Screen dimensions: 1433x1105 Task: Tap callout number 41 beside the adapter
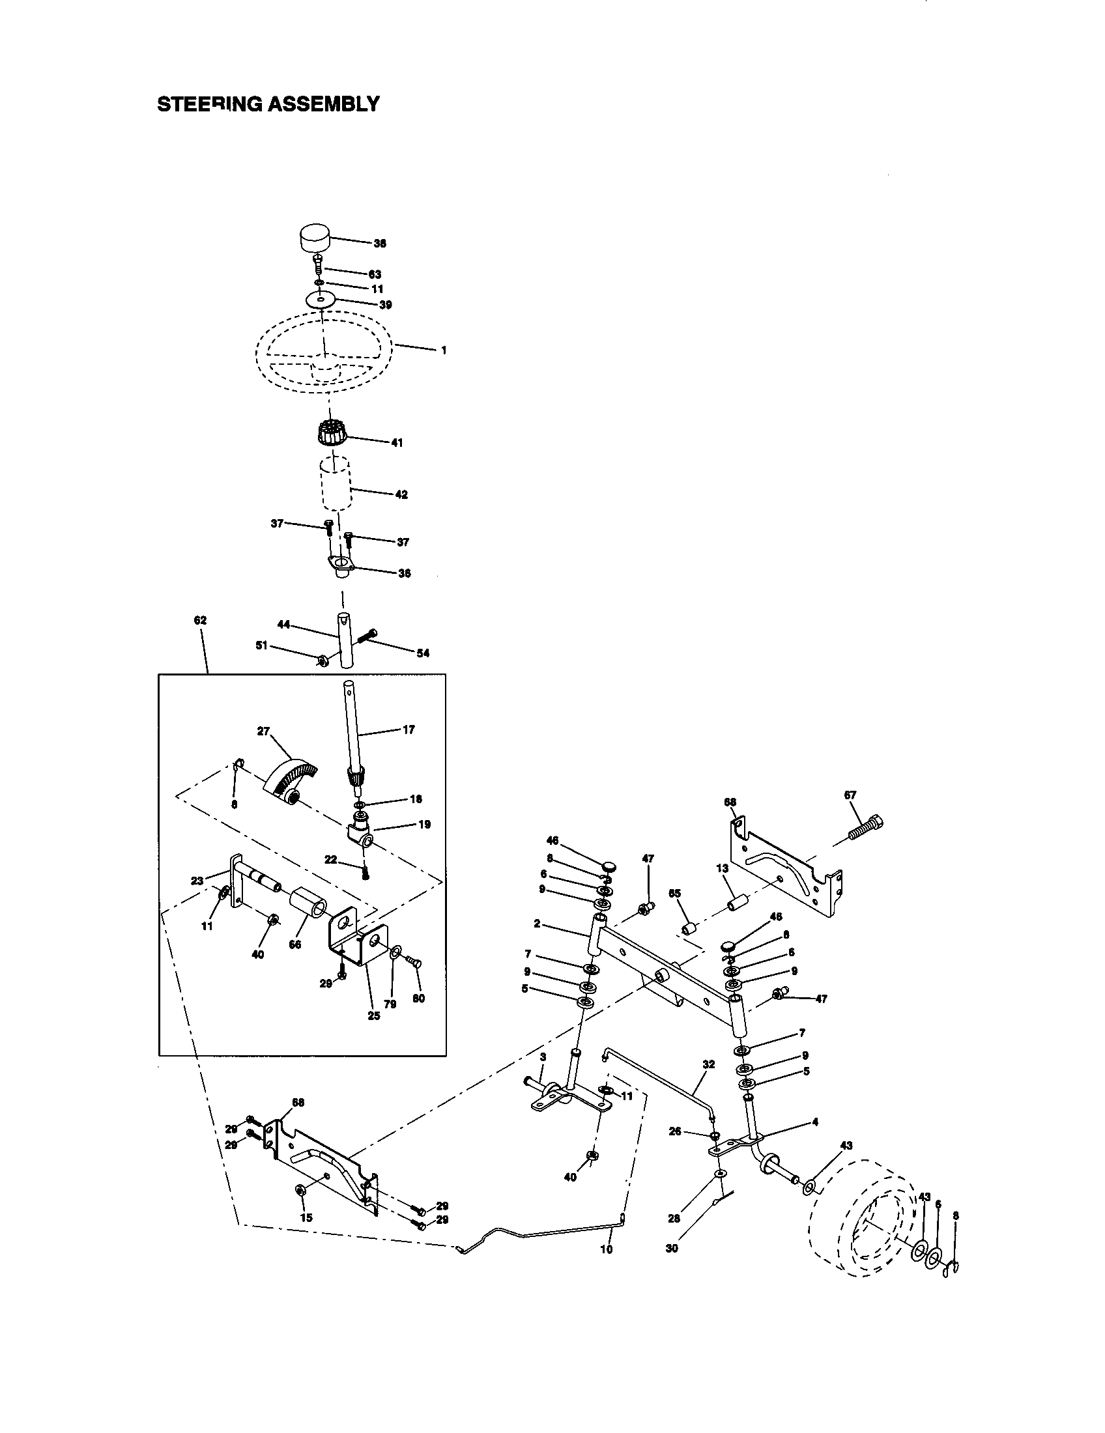click(397, 443)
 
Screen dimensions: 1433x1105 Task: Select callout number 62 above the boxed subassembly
click(200, 620)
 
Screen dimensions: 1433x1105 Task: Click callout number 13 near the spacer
click(723, 868)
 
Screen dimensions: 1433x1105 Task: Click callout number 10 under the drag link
click(607, 1249)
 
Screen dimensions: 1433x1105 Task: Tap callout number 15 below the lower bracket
click(306, 1217)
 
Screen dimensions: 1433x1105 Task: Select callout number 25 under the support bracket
click(373, 1015)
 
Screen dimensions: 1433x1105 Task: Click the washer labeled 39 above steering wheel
click(320, 300)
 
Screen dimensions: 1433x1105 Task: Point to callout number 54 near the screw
click(423, 653)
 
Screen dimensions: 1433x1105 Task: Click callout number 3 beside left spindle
click(543, 1057)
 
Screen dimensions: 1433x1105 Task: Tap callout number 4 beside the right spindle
click(815, 1122)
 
